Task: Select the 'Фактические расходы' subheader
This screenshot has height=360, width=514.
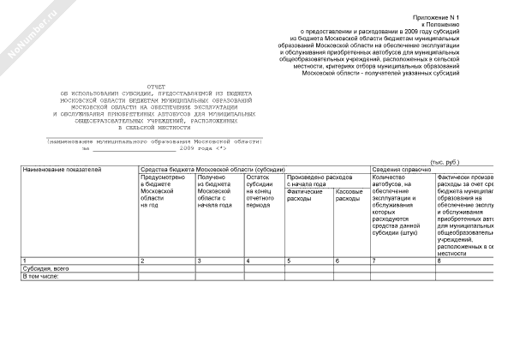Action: click(303, 195)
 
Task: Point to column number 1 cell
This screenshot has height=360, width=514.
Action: click(24, 260)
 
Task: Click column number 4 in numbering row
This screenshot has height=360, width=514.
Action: click(248, 260)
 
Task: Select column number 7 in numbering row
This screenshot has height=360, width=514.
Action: click(374, 260)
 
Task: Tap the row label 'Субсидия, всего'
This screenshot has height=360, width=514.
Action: click(46, 268)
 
